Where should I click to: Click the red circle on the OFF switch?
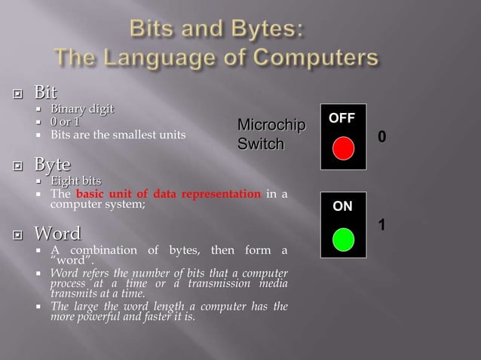[343, 148]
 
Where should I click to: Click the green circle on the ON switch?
[343, 239]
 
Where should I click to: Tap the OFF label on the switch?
[342, 119]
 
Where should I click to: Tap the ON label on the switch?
[342, 206]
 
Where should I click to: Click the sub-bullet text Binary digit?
[82, 110]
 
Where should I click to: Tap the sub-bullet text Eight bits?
[75, 181]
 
